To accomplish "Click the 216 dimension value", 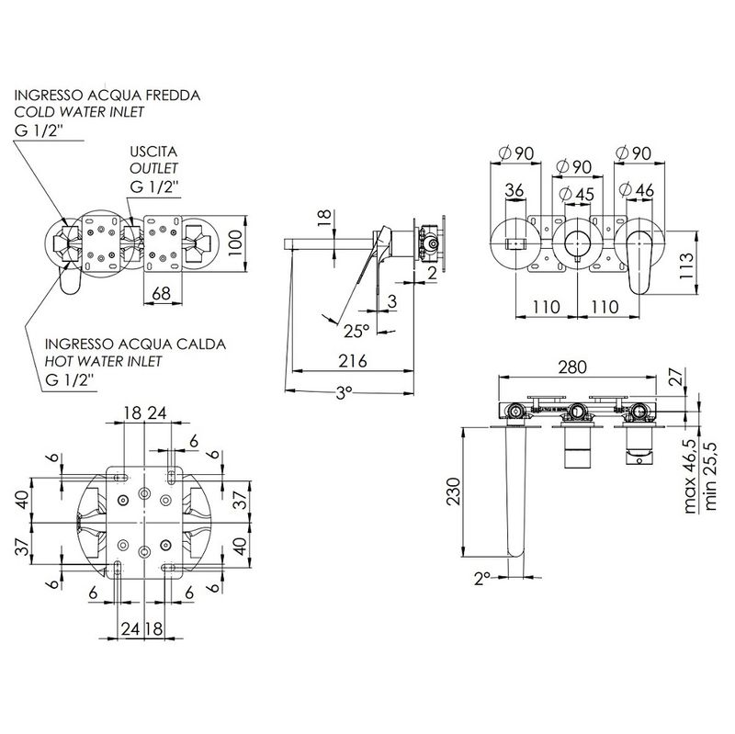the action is point(353,361).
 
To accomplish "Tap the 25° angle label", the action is point(356,332).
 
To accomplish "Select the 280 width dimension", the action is point(572,367).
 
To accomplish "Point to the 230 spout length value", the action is point(453,491).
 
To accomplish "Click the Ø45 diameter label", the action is point(577,194).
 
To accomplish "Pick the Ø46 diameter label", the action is point(637,190).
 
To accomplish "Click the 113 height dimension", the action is point(686,265).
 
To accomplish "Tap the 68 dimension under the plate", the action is point(161,293).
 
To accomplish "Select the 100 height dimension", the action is point(235,243).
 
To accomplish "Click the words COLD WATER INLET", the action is point(79,112).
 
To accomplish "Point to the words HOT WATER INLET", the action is point(103,361).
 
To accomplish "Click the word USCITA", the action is point(153,152).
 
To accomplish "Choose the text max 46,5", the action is point(690,476).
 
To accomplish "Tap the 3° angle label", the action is point(344,393).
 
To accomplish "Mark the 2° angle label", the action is point(481,579).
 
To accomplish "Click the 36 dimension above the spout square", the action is point(514,190).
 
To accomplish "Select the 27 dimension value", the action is point(676,377).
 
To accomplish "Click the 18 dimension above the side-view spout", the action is point(324,219).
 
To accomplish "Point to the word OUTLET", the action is point(153,168).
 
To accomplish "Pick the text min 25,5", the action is point(709,476).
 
